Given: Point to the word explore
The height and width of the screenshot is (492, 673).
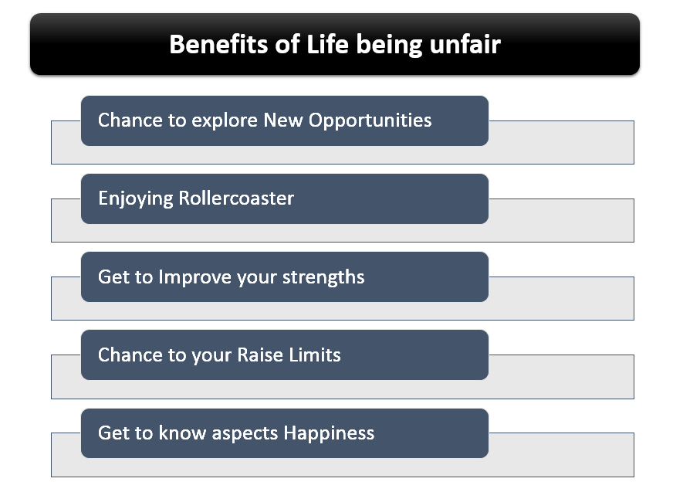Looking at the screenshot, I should [223, 120].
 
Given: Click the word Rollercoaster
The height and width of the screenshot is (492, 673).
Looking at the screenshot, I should [236, 198].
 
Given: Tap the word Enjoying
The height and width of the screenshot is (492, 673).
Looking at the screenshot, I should [135, 198].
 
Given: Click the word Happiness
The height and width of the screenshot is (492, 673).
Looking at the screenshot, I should [329, 433].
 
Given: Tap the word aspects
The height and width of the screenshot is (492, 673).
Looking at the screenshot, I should [242, 433].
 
